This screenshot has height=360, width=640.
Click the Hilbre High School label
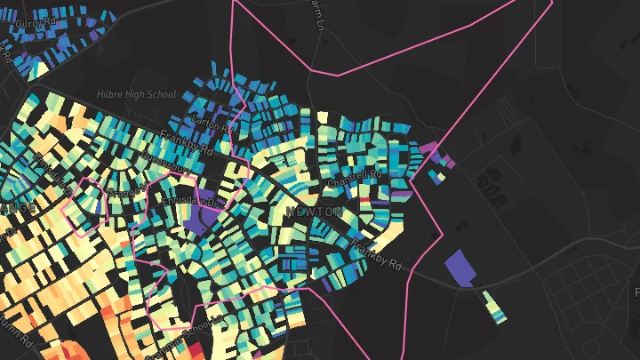tap(137, 94)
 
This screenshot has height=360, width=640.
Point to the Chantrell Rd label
tap(353, 178)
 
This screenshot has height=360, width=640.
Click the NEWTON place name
tap(314, 212)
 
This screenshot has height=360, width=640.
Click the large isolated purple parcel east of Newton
tap(460, 268)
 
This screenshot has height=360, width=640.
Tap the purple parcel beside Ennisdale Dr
tap(197, 213)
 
